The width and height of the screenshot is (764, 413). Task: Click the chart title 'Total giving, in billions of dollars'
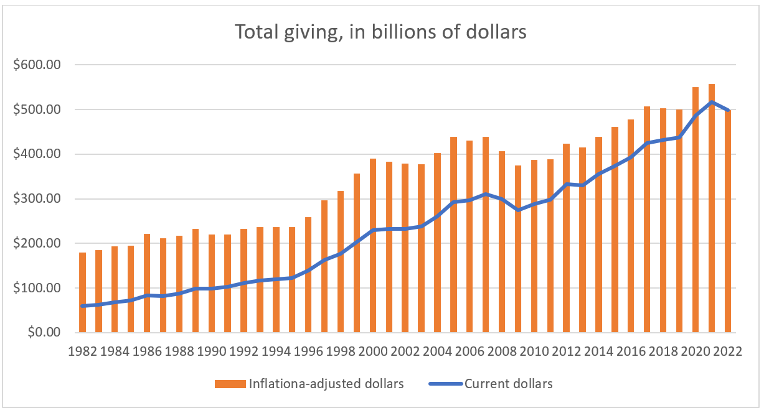380,32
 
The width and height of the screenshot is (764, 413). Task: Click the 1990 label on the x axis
212,351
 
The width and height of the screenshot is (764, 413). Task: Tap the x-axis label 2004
438,351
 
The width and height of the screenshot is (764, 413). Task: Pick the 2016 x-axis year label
631,351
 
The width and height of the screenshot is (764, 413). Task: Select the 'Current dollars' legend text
508,384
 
